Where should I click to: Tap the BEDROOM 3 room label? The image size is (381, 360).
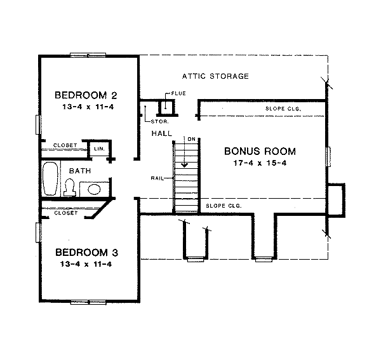click(86, 252)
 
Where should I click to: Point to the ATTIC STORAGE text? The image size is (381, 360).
click(215, 76)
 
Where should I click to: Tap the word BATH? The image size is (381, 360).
click(80, 171)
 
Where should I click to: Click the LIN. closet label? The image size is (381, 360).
click(99, 148)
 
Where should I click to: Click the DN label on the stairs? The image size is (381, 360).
click(189, 138)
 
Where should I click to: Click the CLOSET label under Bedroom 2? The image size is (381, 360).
click(65, 145)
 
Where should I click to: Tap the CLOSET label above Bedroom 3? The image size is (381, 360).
click(65, 213)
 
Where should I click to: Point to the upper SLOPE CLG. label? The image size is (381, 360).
click(283, 109)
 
